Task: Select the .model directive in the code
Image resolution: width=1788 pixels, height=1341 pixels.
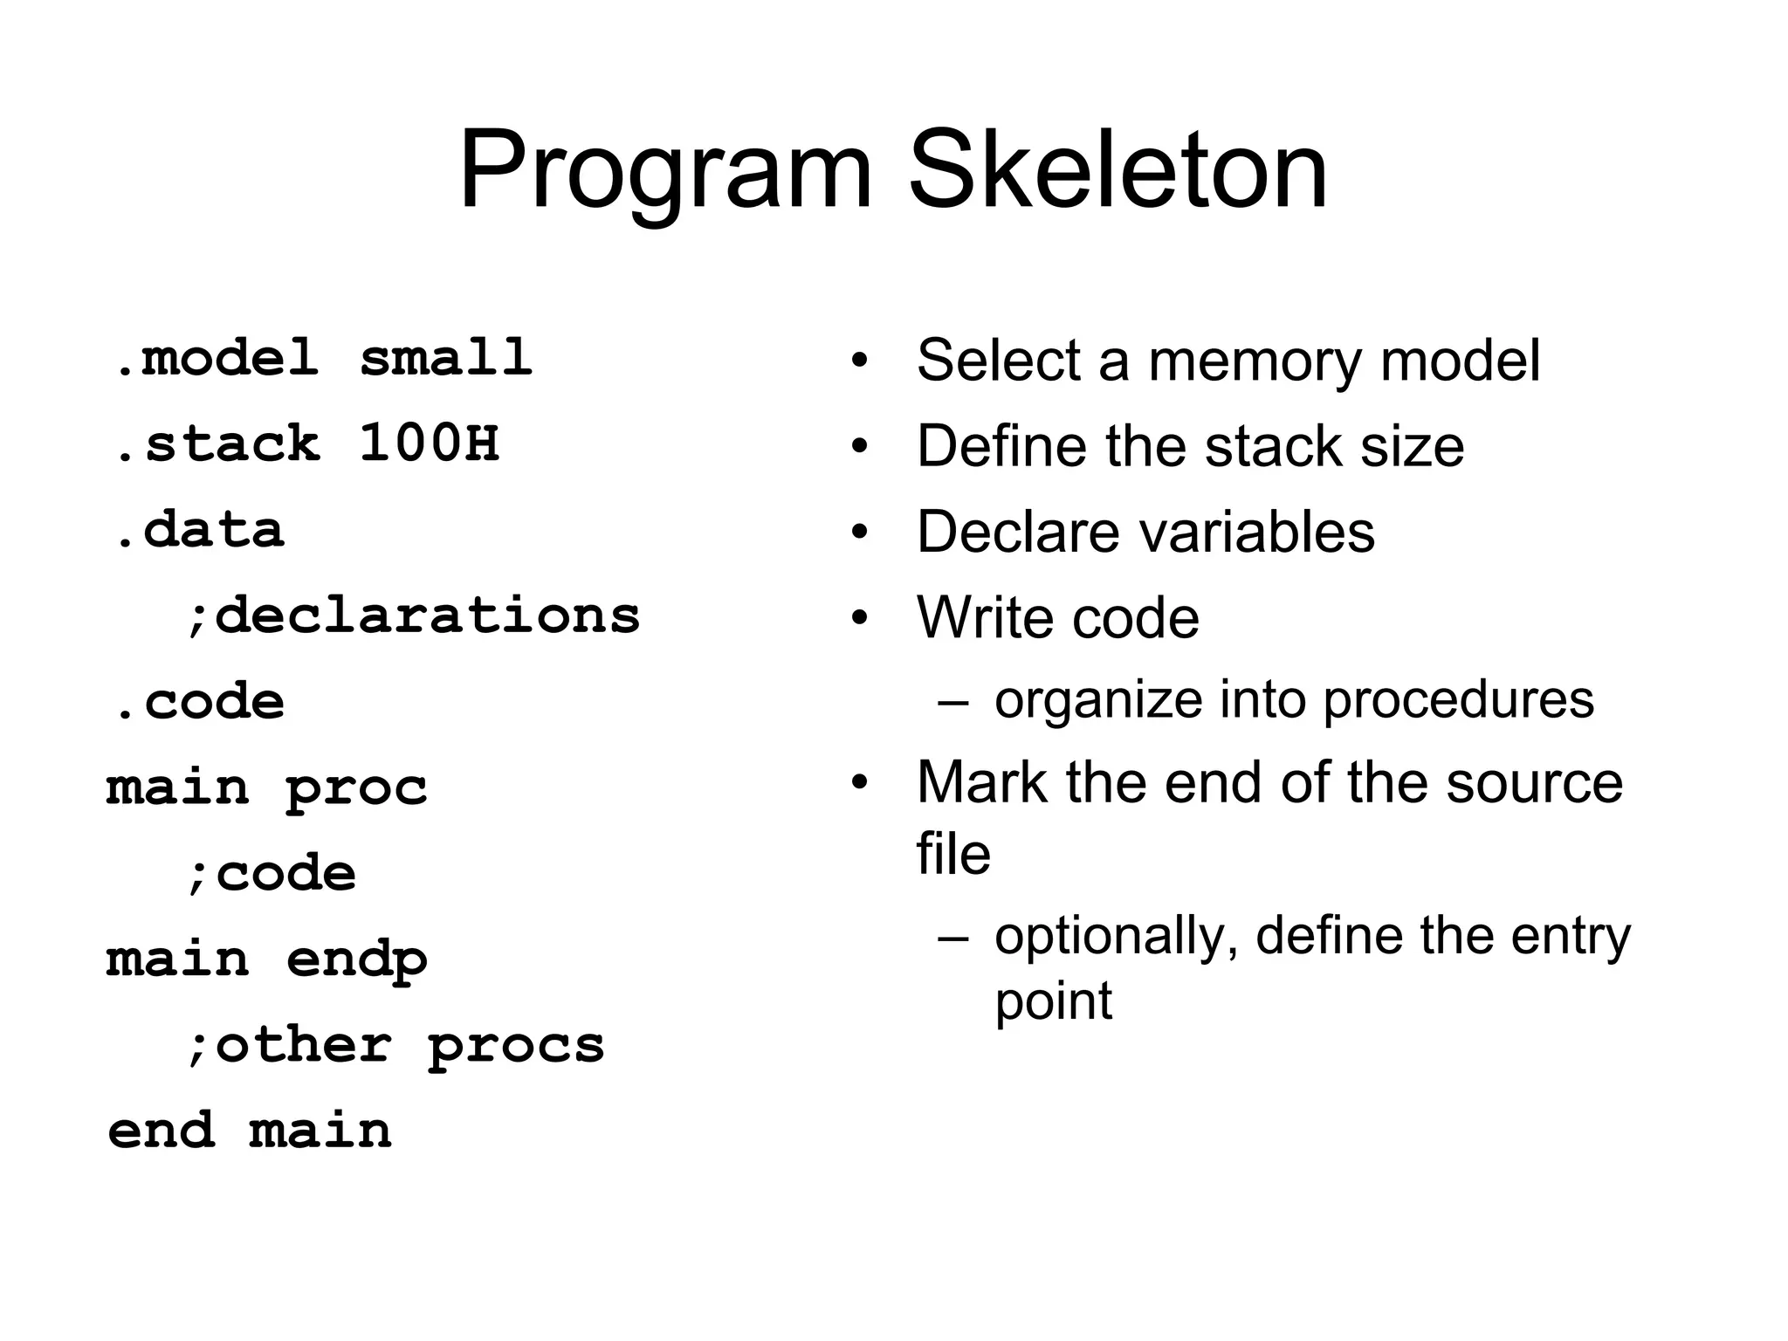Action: pyautogui.click(x=217, y=358)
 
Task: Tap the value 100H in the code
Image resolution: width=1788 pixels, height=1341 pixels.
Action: pyautogui.click(x=429, y=443)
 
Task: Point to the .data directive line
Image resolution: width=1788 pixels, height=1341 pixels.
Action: pyautogui.click(x=200, y=530)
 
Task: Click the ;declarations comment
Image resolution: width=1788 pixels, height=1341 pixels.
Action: pyautogui.click(x=413, y=615)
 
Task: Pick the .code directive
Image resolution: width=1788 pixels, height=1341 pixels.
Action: pyautogui.click(x=200, y=702)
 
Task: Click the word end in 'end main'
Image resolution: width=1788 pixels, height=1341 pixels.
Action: pyautogui.click(x=161, y=1131)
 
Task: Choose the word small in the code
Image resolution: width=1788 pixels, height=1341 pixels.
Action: pyautogui.click(x=446, y=358)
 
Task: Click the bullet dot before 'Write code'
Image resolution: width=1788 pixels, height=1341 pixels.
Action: pyautogui.click(x=860, y=618)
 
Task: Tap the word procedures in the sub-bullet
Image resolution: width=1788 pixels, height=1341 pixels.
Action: pyautogui.click(x=1458, y=700)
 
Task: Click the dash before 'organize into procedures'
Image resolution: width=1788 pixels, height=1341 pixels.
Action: pyautogui.click(x=953, y=701)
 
